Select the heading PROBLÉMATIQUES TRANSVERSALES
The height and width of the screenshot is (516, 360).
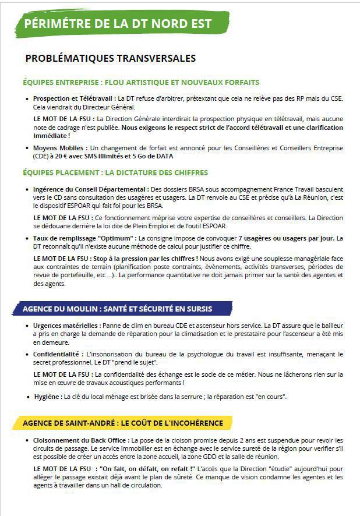[x=111, y=59]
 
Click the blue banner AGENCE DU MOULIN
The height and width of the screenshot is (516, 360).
[x=117, y=308]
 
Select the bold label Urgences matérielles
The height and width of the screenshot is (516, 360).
[x=66, y=325]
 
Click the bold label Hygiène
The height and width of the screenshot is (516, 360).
[x=48, y=397]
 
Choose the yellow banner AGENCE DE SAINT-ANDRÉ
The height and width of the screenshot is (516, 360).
[x=122, y=422]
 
